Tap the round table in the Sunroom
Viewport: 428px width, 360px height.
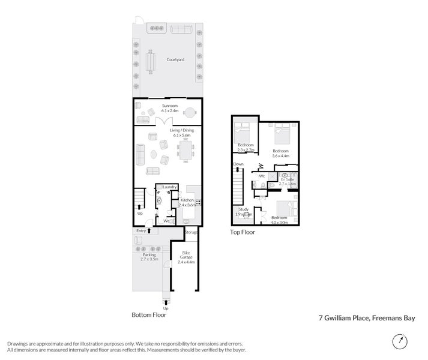tap(190, 112)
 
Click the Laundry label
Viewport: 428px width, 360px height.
tap(169, 187)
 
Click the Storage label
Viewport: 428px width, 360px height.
tap(191, 232)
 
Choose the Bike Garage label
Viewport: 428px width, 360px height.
tap(186, 257)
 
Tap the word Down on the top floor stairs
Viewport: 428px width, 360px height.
tap(238, 164)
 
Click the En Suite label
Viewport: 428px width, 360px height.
tap(287, 181)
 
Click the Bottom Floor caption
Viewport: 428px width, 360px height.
tap(149, 314)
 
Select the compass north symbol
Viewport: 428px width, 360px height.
tap(397, 341)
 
